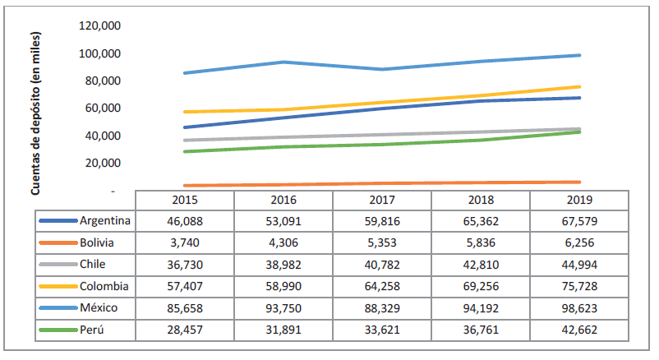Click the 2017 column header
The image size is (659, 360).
(382, 200)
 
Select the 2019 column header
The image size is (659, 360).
(579, 200)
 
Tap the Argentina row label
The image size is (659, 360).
(106, 221)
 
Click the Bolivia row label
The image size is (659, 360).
(97, 242)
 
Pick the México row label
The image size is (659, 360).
(99, 307)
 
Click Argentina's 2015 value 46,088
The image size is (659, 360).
(185, 221)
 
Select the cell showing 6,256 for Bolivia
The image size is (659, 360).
(579, 242)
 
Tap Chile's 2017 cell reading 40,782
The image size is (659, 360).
(382, 265)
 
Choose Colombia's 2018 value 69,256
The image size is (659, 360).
(481, 286)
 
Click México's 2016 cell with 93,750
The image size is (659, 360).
(283, 307)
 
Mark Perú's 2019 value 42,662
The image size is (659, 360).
(579, 329)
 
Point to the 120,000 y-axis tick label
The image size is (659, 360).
(100, 25)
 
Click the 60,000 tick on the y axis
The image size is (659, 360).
(103, 108)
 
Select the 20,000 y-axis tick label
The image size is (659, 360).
(103, 163)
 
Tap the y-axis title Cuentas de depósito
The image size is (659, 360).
(35, 114)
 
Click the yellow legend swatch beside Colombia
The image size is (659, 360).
(58, 286)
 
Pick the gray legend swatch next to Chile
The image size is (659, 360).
(58, 265)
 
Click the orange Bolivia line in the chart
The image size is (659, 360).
(382, 183)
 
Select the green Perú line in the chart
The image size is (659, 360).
(382, 144)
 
